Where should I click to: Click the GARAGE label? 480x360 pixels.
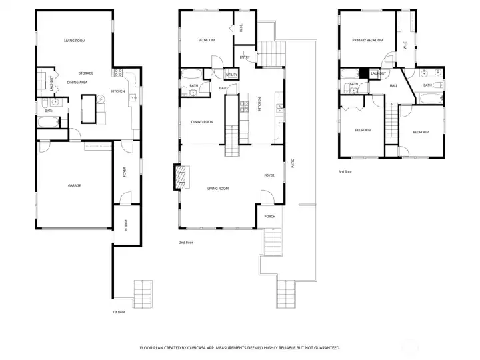73,185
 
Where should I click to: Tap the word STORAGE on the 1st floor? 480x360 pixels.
85,73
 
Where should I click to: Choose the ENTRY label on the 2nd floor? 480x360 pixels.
245,57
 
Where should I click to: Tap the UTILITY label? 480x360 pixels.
231,75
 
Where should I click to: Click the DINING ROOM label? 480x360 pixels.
202,122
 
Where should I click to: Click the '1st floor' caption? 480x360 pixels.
119,311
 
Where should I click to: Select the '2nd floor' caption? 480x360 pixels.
186,242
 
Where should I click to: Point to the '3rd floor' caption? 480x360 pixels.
345,171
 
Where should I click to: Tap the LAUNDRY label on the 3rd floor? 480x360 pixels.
379,73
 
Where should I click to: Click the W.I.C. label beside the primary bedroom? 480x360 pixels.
405,45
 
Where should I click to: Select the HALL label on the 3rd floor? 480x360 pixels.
393,85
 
